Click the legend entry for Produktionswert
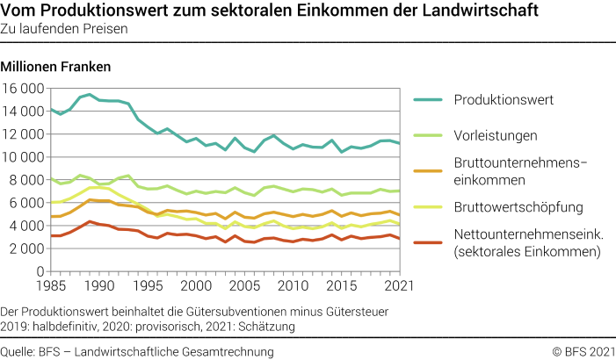click(x=503, y=99)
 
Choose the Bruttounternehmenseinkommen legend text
click(x=513, y=170)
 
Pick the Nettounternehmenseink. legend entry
click(x=520, y=243)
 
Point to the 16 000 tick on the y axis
click(x=24, y=89)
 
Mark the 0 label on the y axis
click(x=40, y=271)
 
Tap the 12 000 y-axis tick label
click(x=24, y=134)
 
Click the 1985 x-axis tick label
click(x=50, y=286)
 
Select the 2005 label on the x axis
click(x=244, y=286)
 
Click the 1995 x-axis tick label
click(x=148, y=286)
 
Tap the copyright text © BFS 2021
click(x=583, y=351)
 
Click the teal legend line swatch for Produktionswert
click(x=427, y=99)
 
